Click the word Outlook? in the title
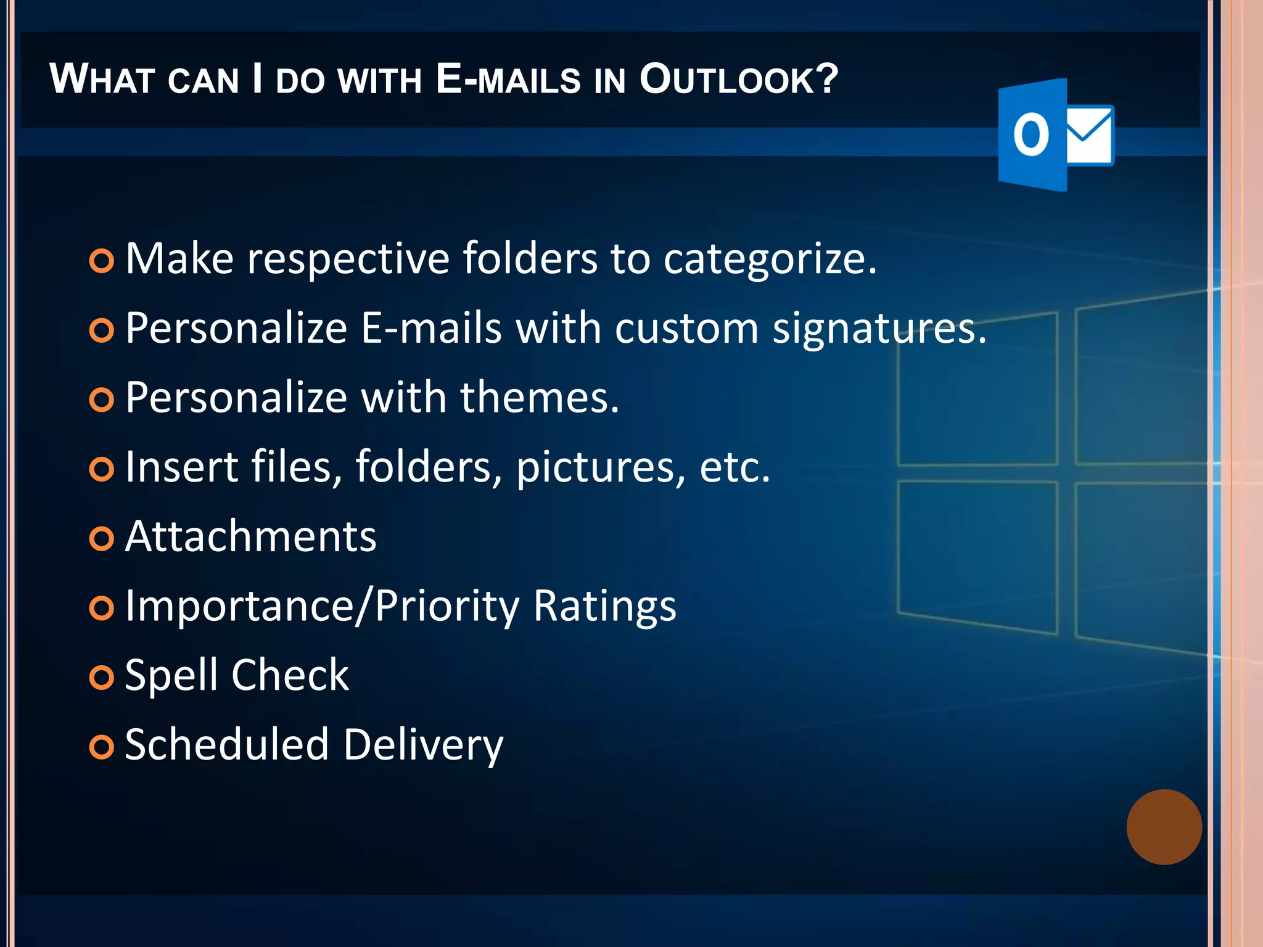738,80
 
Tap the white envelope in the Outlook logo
1089,135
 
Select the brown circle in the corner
1164,827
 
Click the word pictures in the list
600,467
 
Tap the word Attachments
250,536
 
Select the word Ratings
604,607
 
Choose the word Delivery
423,745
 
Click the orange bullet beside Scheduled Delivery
102,747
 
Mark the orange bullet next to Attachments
102,539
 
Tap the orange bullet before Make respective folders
102,261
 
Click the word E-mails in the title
508,80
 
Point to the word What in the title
101,80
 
